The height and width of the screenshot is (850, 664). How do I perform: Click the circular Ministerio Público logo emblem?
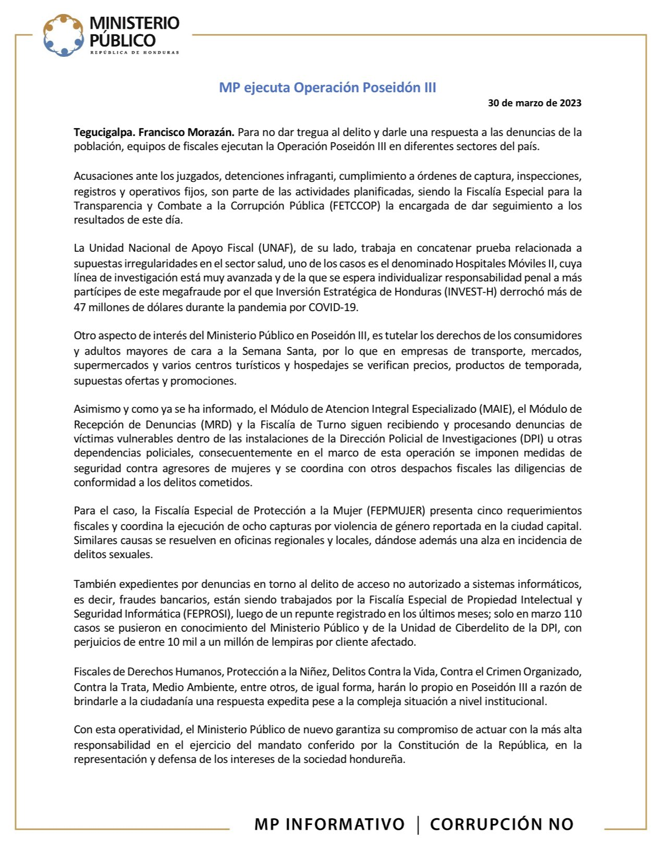(63, 35)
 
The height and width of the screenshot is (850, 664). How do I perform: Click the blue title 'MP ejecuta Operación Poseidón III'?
(327, 87)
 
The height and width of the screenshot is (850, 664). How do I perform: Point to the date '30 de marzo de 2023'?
(534, 103)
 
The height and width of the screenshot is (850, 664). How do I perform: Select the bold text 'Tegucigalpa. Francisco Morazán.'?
(154, 132)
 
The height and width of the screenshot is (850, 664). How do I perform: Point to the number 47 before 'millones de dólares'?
(79, 307)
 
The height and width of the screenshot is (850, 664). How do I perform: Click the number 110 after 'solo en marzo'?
(573, 614)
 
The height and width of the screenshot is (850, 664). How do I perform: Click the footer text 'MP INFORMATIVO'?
(329, 824)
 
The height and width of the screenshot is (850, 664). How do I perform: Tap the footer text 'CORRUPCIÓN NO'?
(501, 824)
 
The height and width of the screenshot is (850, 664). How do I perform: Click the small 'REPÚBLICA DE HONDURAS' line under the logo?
(134, 53)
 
